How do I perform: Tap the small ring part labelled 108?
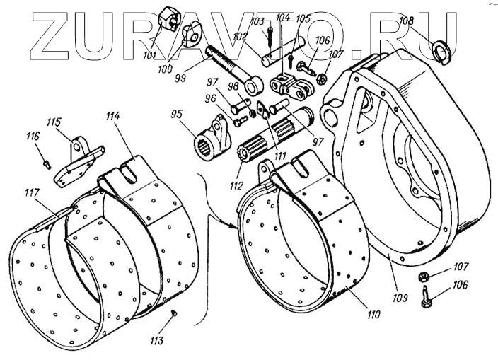[442, 50]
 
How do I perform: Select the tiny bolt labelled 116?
[45, 162]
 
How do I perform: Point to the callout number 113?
[156, 341]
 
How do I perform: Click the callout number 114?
[115, 115]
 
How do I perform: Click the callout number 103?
[257, 21]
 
